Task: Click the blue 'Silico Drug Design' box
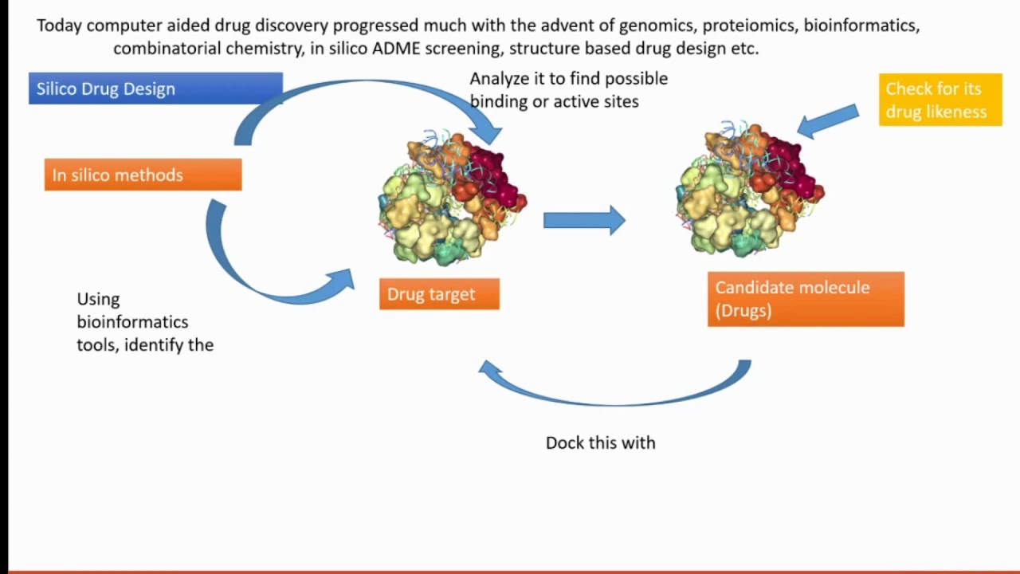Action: (x=155, y=88)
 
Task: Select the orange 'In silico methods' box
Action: (x=143, y=175)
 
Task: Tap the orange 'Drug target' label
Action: (x=439, y=294)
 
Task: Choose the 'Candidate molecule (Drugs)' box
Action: (x=806, y=299)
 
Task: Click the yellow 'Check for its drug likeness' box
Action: (x=940, y=100)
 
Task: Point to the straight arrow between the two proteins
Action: (x=584, y=221)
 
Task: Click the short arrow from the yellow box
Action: (x=828, y=121)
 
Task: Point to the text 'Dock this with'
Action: (x=601, y=442)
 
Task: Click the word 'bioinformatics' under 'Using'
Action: (x=132, y=321)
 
